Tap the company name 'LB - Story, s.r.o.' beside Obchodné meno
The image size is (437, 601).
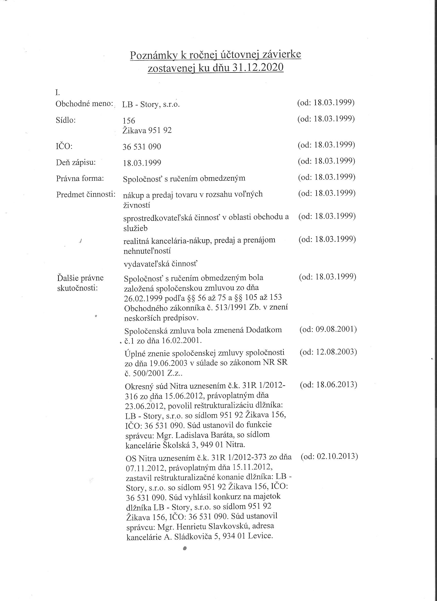pyautogui.click(x=151, y=104)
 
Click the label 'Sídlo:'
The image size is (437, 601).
pyautogui.click(x=66, y=120)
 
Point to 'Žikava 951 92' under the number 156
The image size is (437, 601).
pyautogui.click(x=147, y=130)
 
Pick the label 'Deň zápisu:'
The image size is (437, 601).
pyautogui.click(x=76, y=162)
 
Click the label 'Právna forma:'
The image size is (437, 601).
pyautogui.click(x=80, y=178)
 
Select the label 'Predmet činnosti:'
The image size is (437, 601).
pyautogui.click(x=86, y=194)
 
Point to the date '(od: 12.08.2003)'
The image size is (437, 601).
pyautogui.click(x=328, y=352)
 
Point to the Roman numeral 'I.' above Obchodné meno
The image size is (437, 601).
pyautogui.click(x=57, y=93)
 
